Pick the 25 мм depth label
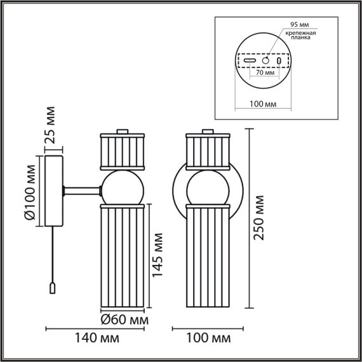(51, 125)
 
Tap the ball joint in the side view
(124, 186)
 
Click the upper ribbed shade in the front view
(206, 150)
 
